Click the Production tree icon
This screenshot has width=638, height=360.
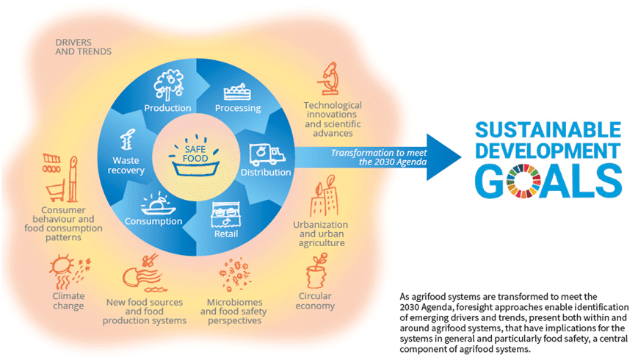tap(168, 85)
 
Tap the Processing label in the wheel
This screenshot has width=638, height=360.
tap(238, 108)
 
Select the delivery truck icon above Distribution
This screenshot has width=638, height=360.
tap(267, 154)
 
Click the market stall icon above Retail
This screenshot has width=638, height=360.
tap(226, 215)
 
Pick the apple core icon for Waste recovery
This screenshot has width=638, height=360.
tap(127, 140)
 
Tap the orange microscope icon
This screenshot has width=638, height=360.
tap(329, 78)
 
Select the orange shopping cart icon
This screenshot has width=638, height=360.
tap(55, 192)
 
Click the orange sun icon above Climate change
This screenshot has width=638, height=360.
tap(62, 266)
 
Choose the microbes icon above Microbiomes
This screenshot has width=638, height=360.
tap(234, 273)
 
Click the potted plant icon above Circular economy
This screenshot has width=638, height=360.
tap(317, 270)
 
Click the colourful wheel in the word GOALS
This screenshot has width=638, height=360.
tap(523, 181)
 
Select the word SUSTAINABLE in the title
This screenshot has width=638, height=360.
tap(548, 130)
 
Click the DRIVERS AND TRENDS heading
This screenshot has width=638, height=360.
tap(84, 47)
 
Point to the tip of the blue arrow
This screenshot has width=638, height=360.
tap(462, 157)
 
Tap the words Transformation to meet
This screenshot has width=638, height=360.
tap(379, 153)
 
